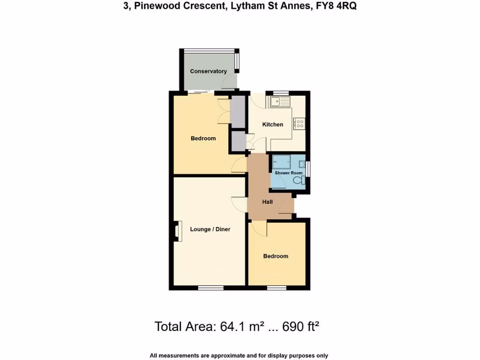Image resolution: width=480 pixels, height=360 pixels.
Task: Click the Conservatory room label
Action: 209,71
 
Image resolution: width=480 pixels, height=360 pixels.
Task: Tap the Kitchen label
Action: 272,124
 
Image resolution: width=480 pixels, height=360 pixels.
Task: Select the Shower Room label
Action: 289,173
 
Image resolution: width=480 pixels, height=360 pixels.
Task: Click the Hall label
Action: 268,202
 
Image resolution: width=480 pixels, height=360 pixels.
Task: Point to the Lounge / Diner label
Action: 210,229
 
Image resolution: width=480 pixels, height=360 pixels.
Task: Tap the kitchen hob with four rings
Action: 299,124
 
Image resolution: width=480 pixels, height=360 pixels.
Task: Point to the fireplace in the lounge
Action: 178,232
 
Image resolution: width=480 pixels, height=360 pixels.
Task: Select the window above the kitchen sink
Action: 281,92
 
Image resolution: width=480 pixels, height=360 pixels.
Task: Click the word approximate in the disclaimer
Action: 224,355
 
